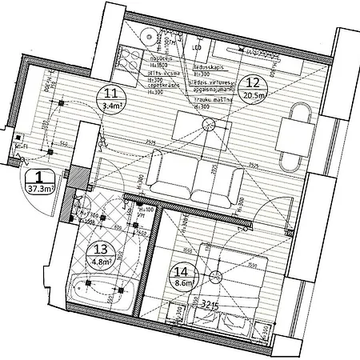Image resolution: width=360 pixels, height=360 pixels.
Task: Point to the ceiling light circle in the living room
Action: [x=209, y=124]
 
